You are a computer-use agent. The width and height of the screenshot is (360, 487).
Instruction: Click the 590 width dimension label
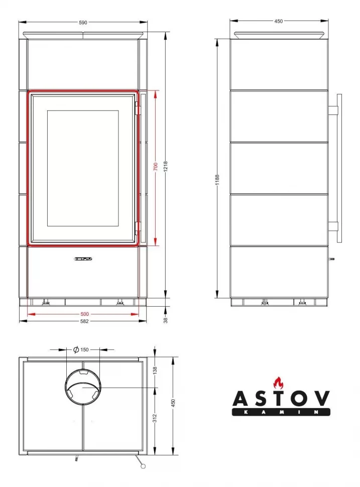point(83,23)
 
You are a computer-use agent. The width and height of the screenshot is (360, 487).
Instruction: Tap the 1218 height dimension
point(166,166)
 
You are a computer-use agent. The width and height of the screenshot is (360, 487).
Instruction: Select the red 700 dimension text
point(156,166)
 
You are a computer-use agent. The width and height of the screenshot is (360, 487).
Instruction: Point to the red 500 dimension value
point(84,314)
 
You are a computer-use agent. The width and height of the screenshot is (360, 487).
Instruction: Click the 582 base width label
point(84,321)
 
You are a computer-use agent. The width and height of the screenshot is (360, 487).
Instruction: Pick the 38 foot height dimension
point(166,320)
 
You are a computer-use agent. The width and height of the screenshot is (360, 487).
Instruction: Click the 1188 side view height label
point(217,180)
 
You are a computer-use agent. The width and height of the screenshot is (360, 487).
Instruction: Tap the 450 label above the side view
point(279,21)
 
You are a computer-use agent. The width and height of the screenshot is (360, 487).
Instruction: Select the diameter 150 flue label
point(81,350)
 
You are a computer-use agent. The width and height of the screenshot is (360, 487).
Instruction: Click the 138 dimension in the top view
point(155,370)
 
